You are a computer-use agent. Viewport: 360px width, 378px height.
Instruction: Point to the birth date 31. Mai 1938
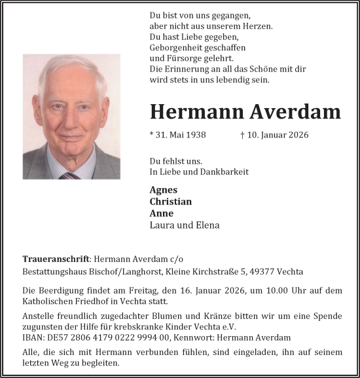coord(178,134)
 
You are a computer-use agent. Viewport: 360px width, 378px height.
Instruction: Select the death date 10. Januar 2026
coord(278,134)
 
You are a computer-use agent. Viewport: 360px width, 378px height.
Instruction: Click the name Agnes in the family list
coord(164,190)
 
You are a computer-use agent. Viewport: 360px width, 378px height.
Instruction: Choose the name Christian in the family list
coord(171,202)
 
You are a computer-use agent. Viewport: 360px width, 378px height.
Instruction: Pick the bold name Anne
coord(162,214)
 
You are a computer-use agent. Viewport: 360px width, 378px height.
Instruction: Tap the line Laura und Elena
coord(185,225)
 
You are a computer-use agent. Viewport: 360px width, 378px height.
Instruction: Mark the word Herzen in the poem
coord(255,26)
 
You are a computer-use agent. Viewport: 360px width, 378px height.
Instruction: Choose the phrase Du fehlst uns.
coord(176,161)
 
